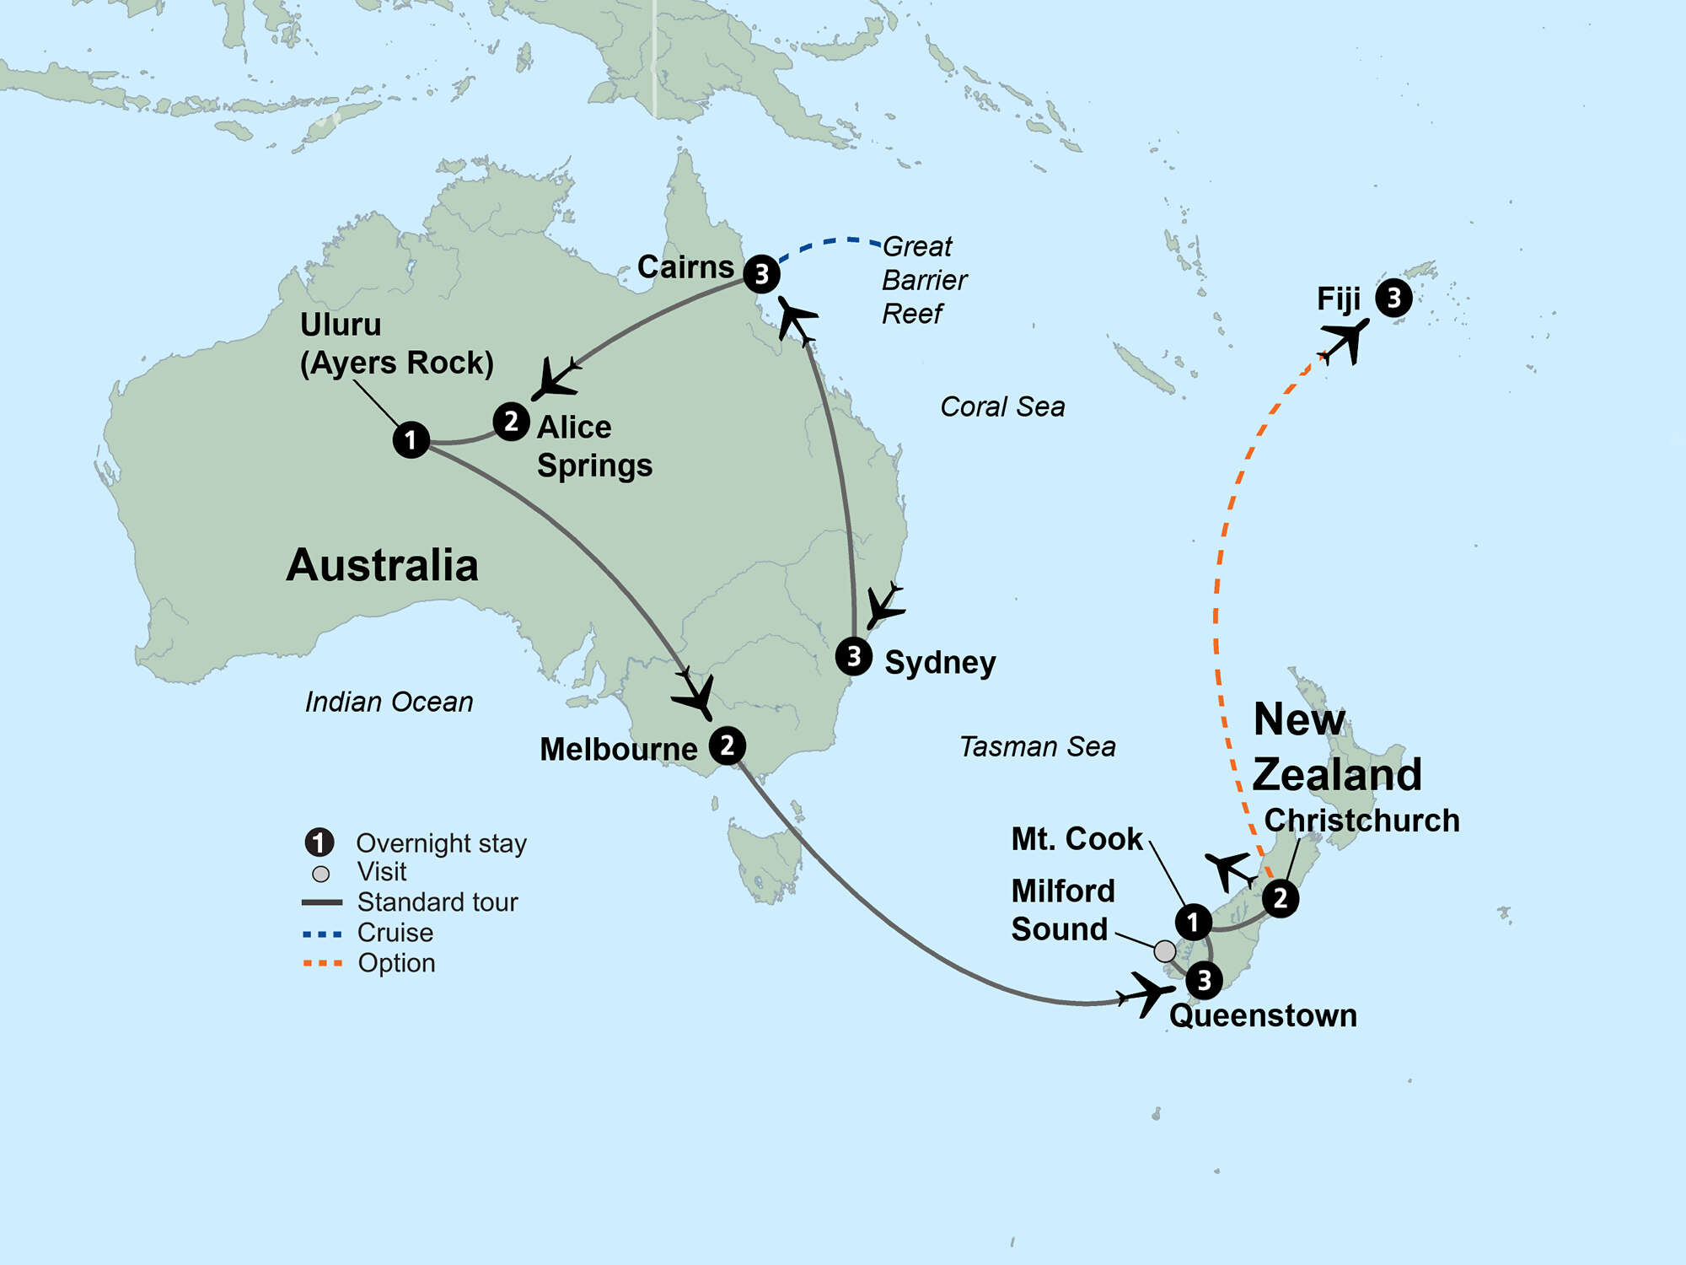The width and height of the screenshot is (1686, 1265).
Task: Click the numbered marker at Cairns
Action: coord(761,274)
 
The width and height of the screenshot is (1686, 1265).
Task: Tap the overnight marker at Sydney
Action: coord(854,656)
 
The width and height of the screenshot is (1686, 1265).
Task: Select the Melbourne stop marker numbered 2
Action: coord(727,746)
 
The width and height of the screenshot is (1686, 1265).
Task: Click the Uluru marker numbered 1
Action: coord(411,440)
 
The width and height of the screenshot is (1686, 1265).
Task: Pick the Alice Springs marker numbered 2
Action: coord(511,422)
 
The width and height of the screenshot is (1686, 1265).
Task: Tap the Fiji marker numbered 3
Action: coord(1393,298)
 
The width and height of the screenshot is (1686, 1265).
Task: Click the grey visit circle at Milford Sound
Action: coord(1164,951)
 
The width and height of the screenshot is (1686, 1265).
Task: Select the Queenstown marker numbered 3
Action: coord(1204,980)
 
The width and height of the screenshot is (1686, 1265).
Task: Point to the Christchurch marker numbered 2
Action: coord(1281,898)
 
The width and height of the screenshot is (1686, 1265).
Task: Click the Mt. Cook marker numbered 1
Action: coord(1193,922)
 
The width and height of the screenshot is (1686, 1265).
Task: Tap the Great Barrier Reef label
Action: coord(924,280)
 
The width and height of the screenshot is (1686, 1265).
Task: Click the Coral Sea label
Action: coord(1002,406)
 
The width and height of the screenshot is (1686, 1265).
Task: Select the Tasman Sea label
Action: coord(1037,746)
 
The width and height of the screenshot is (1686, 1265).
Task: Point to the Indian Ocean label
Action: coord(389,702)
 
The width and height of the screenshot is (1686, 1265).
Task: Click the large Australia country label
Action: coord(382,565)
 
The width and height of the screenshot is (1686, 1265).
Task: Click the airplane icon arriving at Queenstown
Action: coord(1146,993)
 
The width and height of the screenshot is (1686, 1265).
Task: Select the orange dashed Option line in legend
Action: coord(322,963)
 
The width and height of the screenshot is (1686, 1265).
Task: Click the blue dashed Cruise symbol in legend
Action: coord(322,934)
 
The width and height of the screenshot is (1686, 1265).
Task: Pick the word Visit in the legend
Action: coord(381,872)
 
